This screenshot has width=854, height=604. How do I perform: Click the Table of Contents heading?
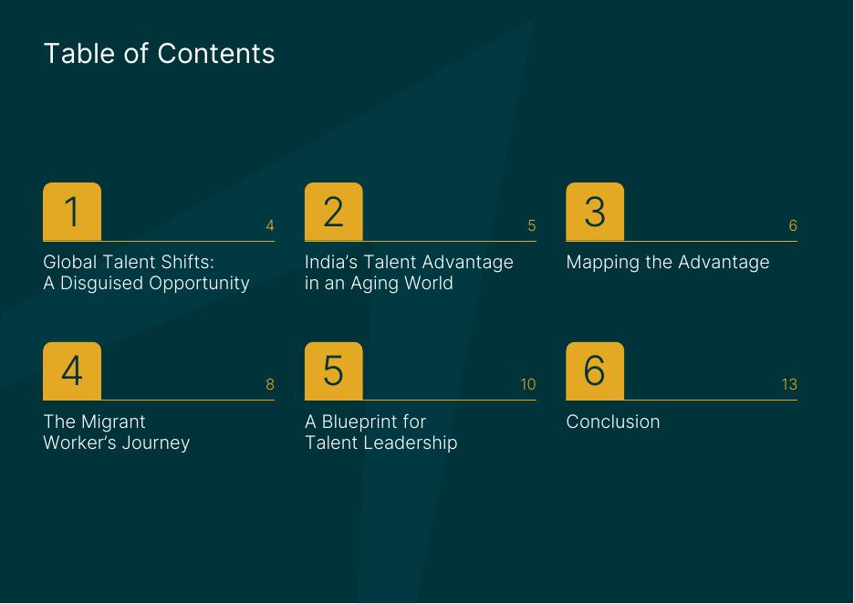[159, 53]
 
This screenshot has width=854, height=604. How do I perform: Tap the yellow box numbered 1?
[72, 212]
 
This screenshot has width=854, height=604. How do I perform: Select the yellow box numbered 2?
[333, 212]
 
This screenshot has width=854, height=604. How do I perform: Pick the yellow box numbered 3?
[595, 212]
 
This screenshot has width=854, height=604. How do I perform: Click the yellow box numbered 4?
[72, 371]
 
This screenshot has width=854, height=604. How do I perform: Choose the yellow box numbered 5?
[333, 371]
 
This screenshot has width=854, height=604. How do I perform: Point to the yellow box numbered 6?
[595, 371]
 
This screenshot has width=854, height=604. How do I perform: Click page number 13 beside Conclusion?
[789, 384]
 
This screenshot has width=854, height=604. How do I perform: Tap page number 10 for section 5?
[527, 384]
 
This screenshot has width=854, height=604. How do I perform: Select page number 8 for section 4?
[269, 384]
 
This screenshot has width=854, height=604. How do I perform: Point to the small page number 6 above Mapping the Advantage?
[793, 225]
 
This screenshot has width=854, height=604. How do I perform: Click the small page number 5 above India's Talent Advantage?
[532, 225]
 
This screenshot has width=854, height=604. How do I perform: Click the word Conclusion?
[613, 422]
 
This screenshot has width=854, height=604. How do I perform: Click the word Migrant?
[113, 422]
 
